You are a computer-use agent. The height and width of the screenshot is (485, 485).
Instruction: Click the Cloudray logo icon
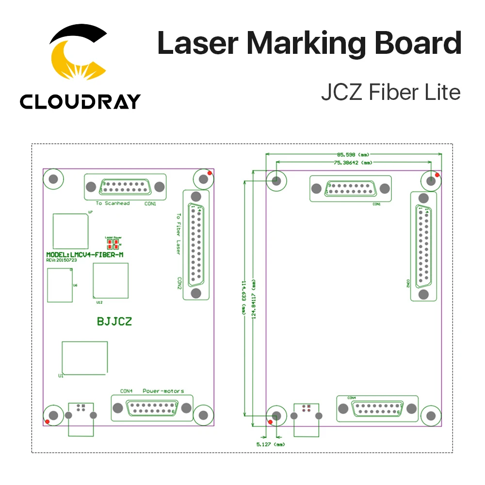[79, 54]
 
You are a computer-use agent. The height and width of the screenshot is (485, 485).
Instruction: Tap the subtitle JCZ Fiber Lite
[390, 92]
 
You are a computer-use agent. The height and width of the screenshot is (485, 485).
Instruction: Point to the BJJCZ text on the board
[114, 321]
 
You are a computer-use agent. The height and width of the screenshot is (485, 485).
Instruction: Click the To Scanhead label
[113, 203]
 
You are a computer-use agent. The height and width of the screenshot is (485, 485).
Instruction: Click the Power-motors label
[163, 391]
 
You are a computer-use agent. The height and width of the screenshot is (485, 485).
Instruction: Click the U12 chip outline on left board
[111, 281]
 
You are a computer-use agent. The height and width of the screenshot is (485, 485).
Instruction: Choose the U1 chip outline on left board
[85, 358]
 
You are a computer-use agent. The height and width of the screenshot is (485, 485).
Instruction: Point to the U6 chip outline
[59, 285]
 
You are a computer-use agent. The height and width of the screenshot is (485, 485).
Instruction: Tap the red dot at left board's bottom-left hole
[47, 421]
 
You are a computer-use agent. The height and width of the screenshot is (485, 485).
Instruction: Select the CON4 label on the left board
[127, 391]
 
